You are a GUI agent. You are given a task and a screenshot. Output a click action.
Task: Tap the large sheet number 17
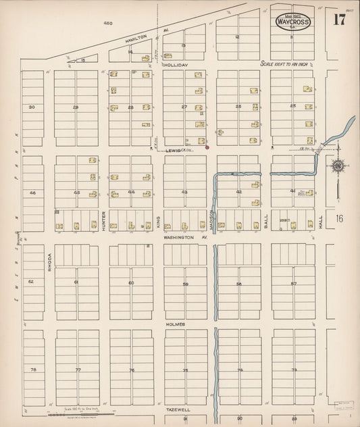338,19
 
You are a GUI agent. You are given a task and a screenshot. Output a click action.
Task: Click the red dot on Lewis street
207,147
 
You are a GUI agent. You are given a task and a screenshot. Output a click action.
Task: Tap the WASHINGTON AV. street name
184,238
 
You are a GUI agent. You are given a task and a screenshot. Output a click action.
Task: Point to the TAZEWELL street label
175,409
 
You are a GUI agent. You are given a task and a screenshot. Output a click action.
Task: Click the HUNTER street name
103,221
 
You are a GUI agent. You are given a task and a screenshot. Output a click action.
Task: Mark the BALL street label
266,221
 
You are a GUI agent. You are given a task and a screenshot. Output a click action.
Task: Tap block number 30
31,107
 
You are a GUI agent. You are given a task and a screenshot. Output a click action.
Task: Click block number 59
185,284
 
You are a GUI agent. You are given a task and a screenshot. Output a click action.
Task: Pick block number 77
78,370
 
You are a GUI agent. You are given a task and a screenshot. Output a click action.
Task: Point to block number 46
31,193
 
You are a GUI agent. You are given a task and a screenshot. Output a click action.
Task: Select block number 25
292,106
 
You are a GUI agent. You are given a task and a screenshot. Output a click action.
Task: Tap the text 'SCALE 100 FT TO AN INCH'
294,64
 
